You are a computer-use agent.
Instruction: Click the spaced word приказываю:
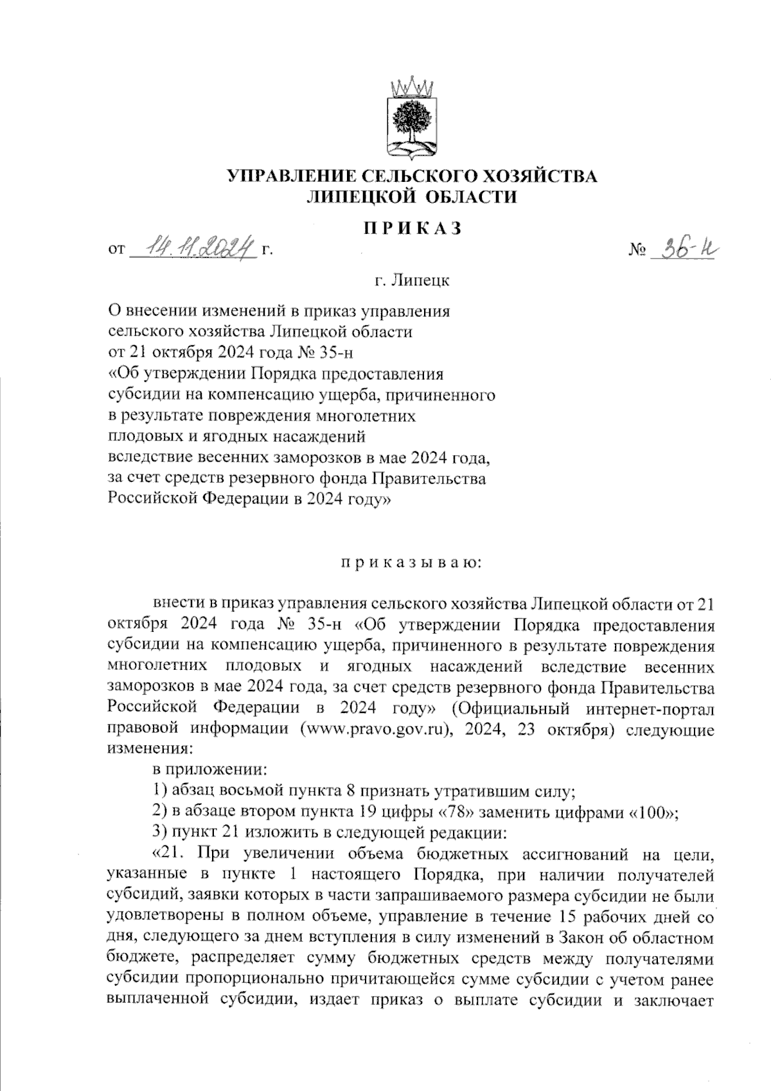pyautogui.click(x=412, y=563)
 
